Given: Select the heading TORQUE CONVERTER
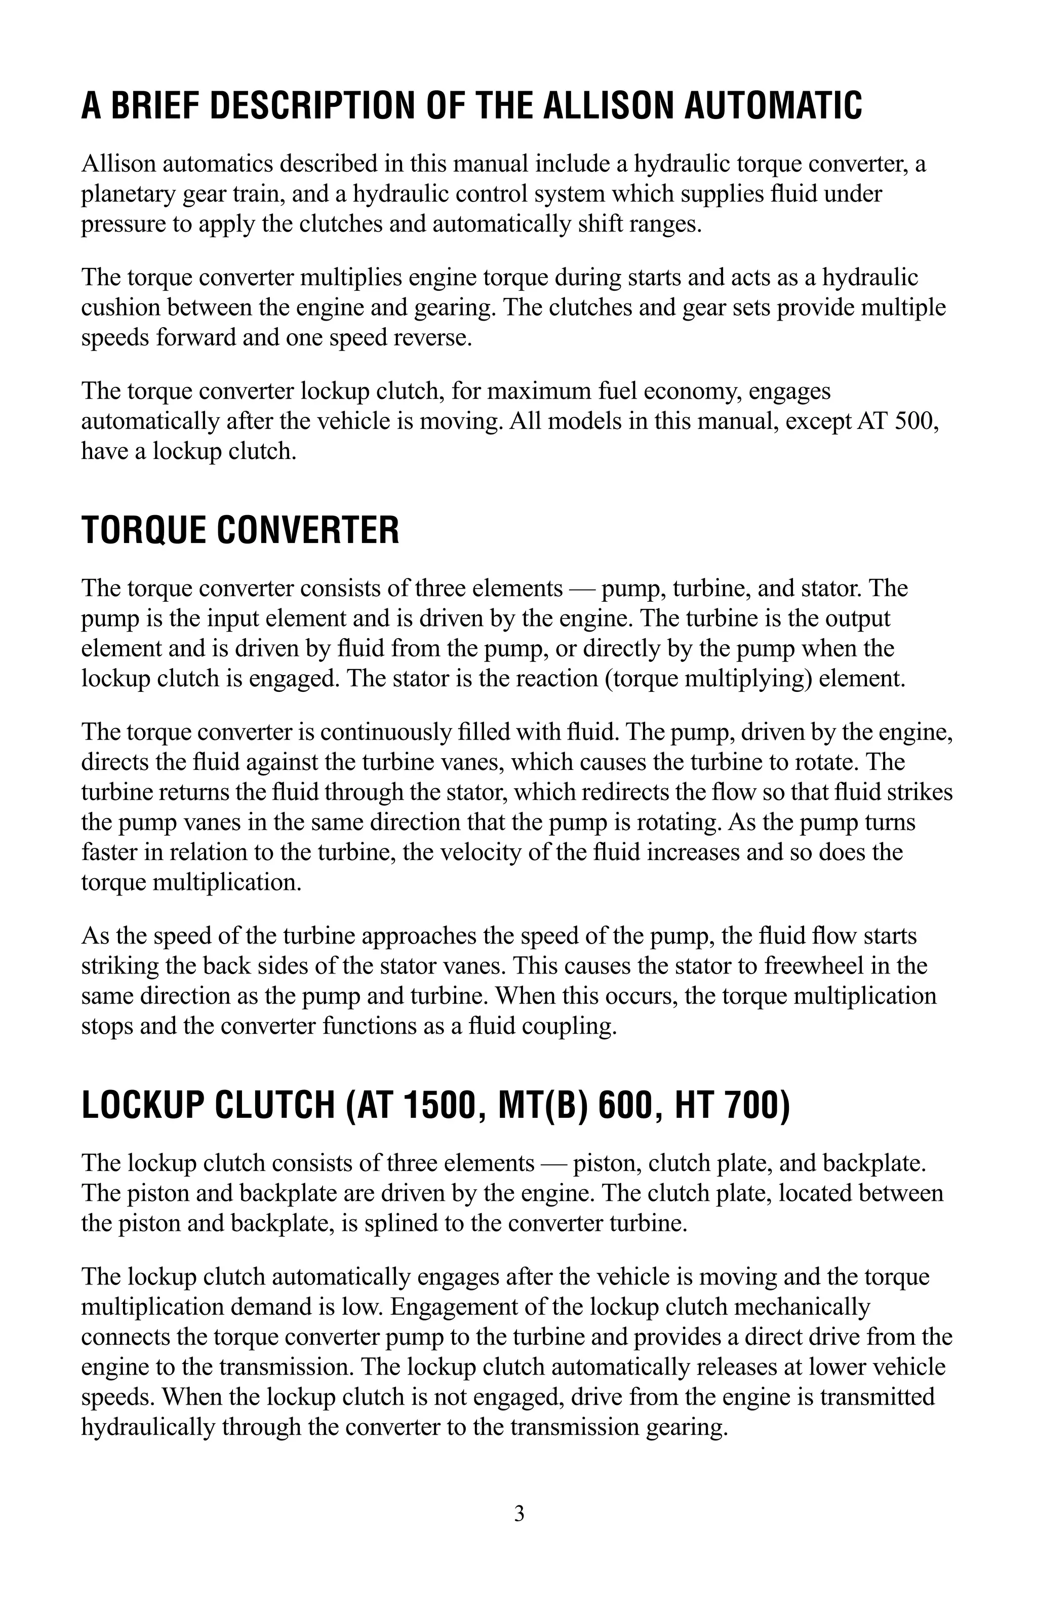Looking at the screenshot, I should pyautogui.click(x=240, y=530).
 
